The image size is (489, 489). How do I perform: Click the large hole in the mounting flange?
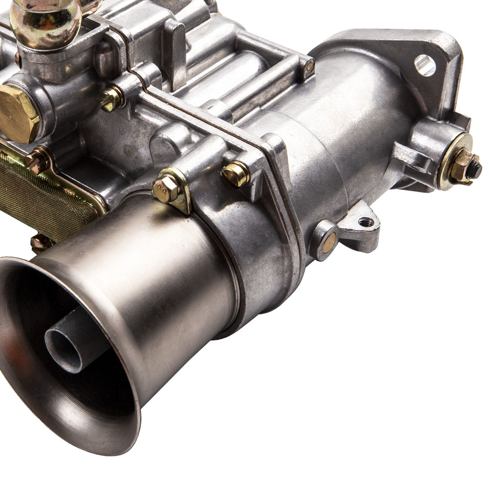[424, 65]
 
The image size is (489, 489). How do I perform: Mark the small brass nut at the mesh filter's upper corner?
[36, 161]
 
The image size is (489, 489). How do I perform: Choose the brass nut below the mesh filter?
[41, 243]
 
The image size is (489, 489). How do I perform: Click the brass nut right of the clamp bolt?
[236, 174]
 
